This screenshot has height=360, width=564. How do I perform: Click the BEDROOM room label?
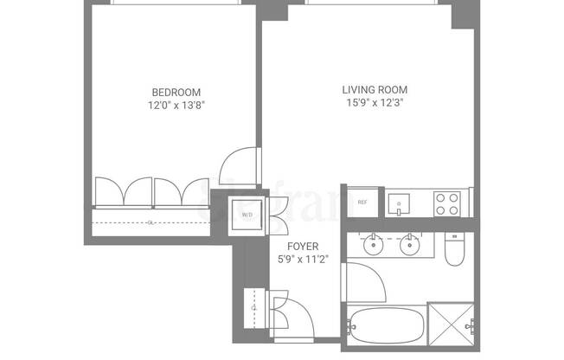coord(176,93)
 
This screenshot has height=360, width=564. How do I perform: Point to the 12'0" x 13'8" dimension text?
coord(176,106)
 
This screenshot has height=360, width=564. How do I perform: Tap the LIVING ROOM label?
coord(375,89)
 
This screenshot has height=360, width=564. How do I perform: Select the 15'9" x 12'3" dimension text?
coord(375,102)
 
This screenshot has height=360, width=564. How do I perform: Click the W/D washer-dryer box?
coord(247,215)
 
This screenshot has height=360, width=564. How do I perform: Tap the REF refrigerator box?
coord(362,202)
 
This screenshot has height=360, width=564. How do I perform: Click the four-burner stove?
coord(447,203)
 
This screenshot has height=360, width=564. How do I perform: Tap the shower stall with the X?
coord(452,325)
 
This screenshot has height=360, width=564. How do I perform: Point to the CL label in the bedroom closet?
coord(150,222)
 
